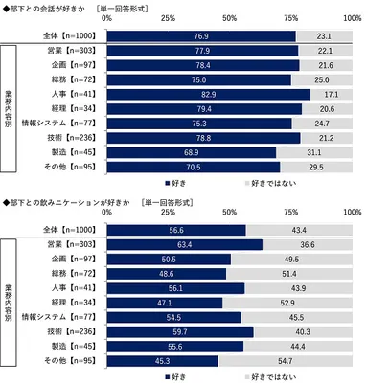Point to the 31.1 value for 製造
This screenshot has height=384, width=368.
(314, 153)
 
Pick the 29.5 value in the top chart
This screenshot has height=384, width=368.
(316, 167)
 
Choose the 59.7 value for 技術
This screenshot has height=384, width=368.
(179, 332)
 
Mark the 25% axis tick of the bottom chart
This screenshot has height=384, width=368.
(168, 215)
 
